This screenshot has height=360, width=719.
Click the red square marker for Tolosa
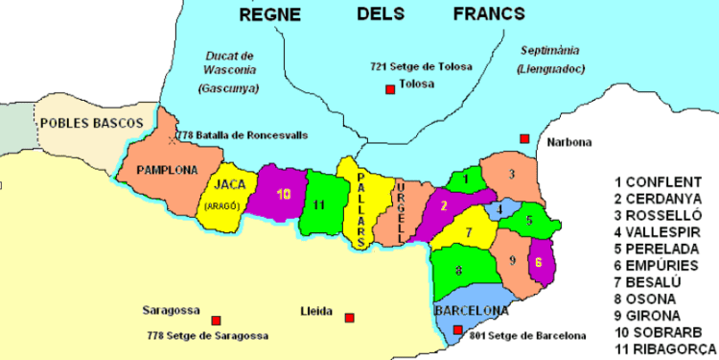pos(390,89)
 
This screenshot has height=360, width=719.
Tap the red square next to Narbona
pos(524,139)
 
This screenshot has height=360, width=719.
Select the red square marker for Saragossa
pos(216,320)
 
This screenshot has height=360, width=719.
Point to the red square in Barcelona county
pos(458,330)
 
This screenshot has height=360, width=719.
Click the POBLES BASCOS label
pos(91,123)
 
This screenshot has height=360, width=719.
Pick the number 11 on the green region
pos(319,203)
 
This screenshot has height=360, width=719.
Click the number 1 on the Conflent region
pos(465,177)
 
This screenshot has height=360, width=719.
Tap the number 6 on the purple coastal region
pos(539,261)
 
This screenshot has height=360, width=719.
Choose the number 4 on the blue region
pos(499,208)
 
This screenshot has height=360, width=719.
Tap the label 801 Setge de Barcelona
pos(527,335)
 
